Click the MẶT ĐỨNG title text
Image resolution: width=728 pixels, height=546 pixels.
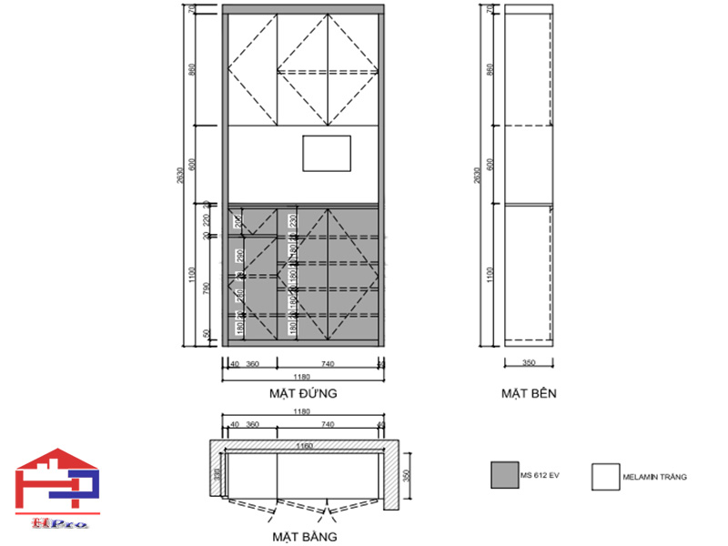[x=303, y=394]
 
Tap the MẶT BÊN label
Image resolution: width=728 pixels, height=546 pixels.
[x=528, y=394]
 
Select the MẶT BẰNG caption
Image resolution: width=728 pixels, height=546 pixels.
[x=303, y=536]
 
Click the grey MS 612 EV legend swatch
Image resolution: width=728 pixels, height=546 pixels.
[x=503, y=476]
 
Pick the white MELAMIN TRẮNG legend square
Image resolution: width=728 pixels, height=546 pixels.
[x=604, y=476]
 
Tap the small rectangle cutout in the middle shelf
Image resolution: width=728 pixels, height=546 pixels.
[x=327, y=153]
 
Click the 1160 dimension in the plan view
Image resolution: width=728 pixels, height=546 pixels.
[x=303, y=446]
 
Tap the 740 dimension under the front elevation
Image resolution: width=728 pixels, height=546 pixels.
[x=328, y=363]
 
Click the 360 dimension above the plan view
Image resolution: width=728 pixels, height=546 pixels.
[x=253, y=424]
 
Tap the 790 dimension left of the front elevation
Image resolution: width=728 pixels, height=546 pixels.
[x=207, y=289]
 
